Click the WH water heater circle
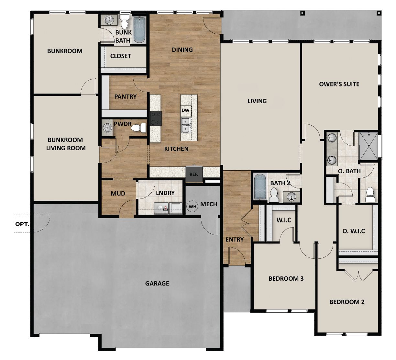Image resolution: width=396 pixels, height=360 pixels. click(x=192, y=206)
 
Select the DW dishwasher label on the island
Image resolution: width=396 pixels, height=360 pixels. click(x=185, y=110)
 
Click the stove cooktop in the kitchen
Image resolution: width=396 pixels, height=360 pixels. click(x=156, y=118)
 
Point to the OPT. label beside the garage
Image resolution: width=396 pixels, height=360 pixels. click(x=22, y=224)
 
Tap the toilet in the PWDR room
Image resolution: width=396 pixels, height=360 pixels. click(x=139, y=128)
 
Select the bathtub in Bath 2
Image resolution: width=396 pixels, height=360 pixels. click(x=259, y=187)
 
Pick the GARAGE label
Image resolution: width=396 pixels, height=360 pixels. click(x=157, y=284)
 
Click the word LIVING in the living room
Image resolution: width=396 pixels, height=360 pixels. click(x=257, y=101)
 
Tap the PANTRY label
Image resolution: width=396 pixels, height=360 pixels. click(x=125, y=96)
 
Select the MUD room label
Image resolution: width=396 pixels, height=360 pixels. click(x=118, y=194)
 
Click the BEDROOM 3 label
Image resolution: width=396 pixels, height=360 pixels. click(x=286, y=278)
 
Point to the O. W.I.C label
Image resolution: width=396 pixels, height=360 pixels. click(x=354, y=231)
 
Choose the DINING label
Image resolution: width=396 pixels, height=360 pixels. click(x=182, y=50)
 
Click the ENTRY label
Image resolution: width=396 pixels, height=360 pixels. click(x=235, y=240)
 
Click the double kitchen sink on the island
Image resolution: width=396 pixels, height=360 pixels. click(x=186, y=125)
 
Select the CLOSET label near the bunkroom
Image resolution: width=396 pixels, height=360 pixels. click(x=120, y=56)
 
